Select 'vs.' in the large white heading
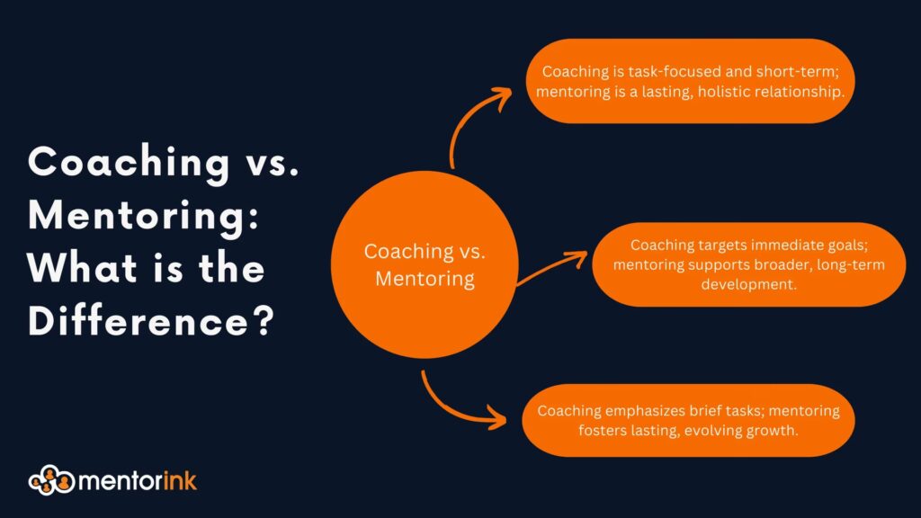coord(272,162)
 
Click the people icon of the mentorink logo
coord(51,480)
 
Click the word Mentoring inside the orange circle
coord(425,279)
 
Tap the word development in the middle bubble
coord(749,284)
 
